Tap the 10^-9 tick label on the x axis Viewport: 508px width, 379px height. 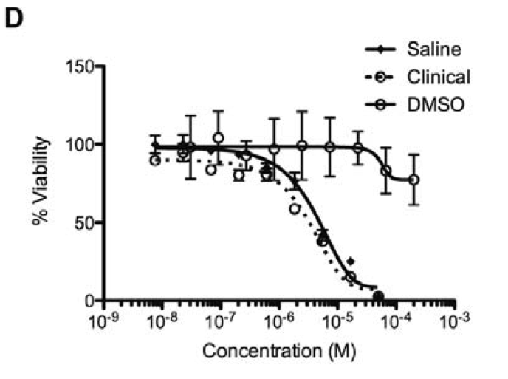(x=105, y=322)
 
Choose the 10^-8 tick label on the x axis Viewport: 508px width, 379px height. (x=163, y=322)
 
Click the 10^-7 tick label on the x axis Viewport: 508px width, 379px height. (x=222, y=322)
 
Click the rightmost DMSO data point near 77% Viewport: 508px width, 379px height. (x=414, y=180)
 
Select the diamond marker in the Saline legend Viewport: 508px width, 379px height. (x=380, y=50)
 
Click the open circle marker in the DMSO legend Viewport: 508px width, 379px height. (x=380, y=104)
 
